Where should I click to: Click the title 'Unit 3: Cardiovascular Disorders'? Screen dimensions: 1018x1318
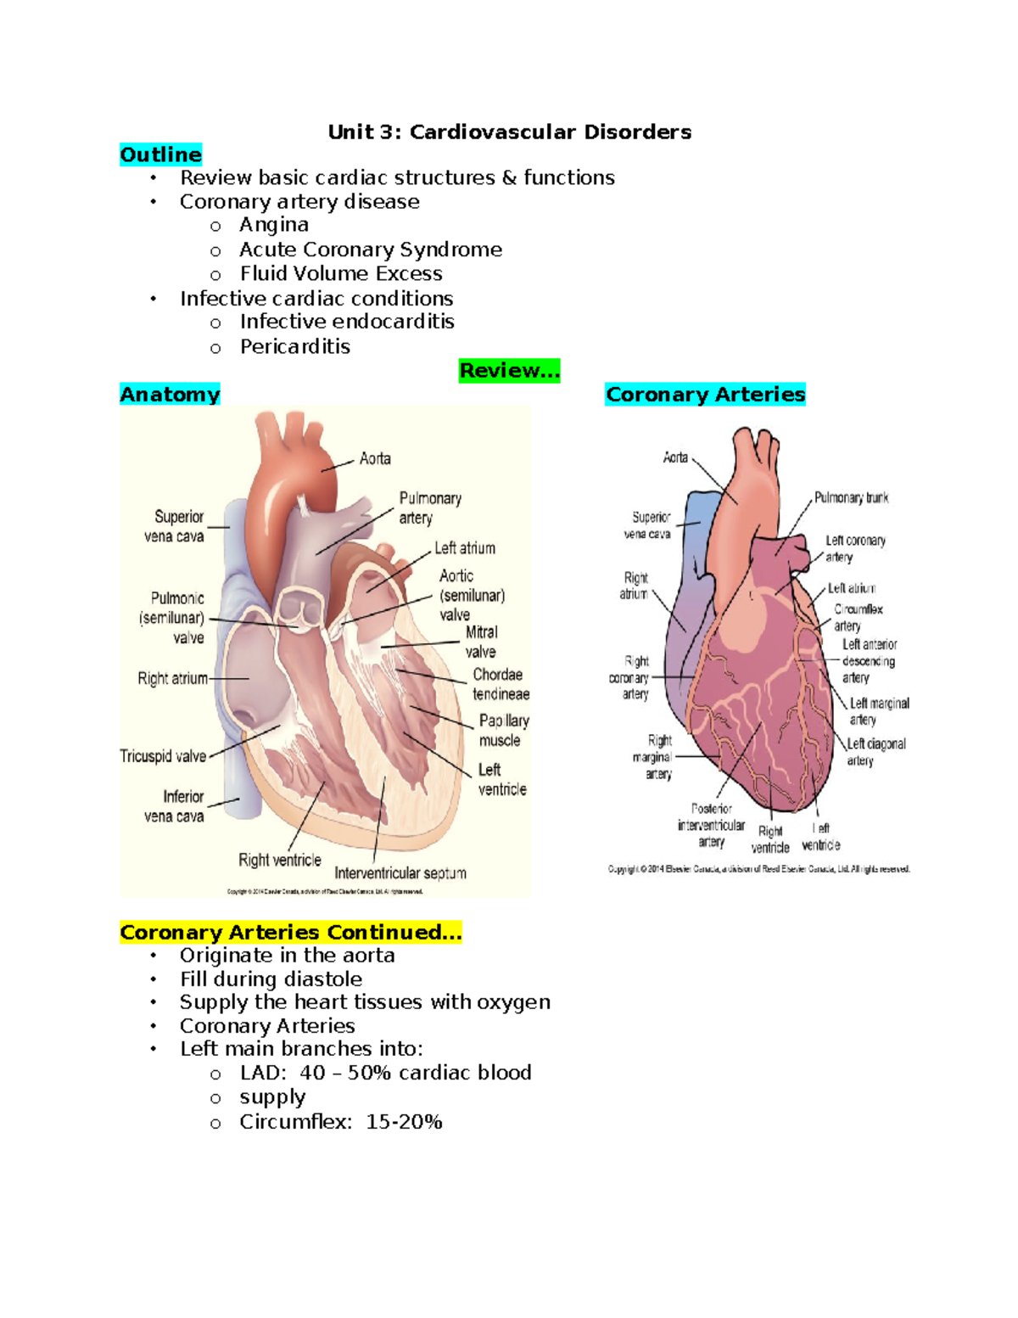509,132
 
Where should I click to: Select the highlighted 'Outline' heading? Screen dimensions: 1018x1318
161,154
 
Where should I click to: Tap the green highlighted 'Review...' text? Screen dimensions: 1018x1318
509,371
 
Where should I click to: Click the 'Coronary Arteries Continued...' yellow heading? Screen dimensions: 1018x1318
291,933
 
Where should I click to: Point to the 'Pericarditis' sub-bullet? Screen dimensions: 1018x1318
294,347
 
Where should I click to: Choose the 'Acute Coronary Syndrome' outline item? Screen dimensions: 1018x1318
370,250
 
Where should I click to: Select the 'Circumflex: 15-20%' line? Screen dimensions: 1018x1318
340,1122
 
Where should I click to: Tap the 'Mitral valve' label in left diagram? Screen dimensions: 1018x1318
481,642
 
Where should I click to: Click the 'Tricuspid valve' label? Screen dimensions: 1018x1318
163,756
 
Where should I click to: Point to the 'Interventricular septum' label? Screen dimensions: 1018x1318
400,873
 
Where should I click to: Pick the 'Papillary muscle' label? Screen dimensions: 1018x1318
503,730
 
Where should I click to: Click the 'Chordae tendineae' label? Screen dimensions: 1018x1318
501,684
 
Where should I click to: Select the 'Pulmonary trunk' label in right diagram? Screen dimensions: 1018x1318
851,498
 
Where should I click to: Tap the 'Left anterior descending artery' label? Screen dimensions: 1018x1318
869,661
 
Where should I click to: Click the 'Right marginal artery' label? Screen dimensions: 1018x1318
654,757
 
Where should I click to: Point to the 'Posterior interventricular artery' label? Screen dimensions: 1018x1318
712,825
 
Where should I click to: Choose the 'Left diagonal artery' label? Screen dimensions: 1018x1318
875,752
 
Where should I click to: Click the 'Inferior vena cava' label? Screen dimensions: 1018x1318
175,806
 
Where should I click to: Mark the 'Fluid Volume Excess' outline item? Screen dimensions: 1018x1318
340,274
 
